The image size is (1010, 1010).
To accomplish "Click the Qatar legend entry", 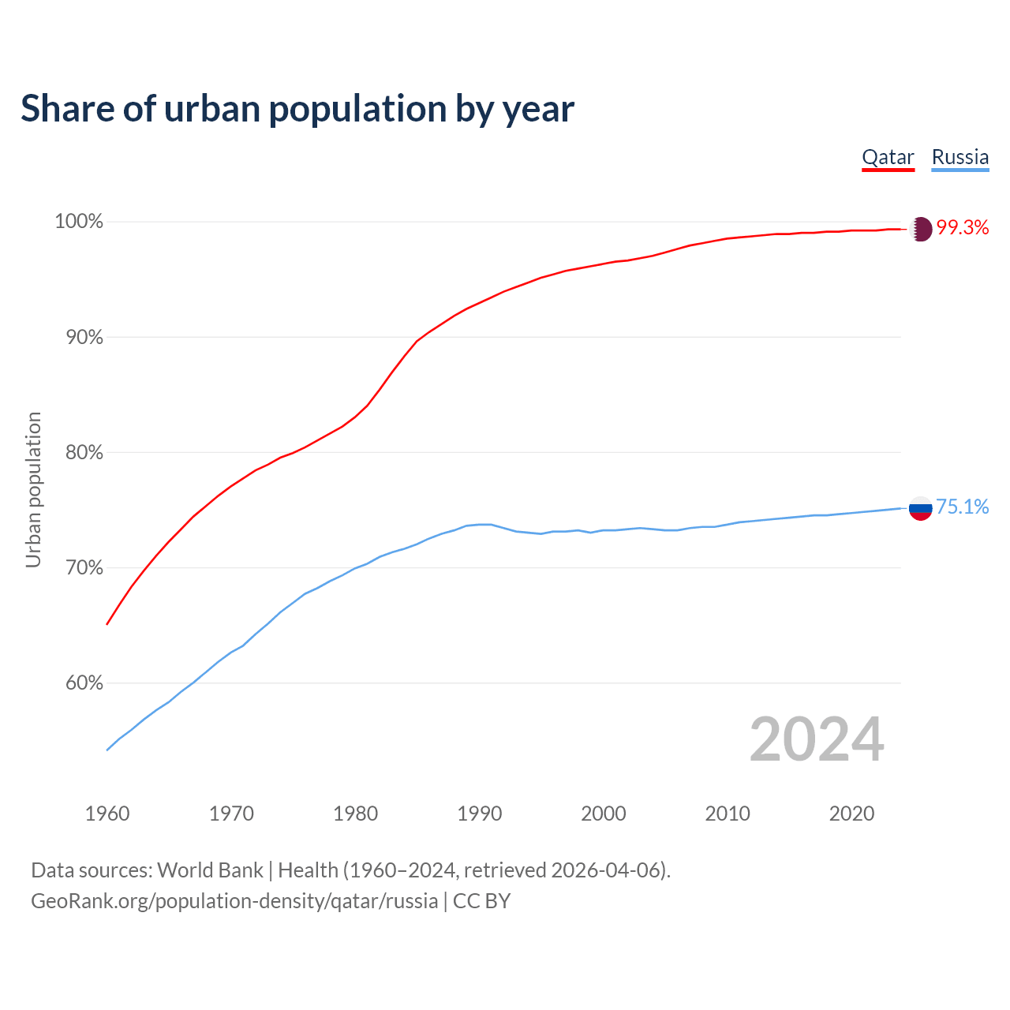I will click(888, 157).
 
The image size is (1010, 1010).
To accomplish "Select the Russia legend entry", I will click(959, 157).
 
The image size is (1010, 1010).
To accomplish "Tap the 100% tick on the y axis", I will click(79, 222).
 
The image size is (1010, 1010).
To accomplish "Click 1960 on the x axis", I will click(107, 814).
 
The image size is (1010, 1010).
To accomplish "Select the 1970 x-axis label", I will click(231, 814).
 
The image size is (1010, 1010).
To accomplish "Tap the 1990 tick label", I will click(480, 814).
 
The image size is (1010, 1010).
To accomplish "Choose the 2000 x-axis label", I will click(604, 814).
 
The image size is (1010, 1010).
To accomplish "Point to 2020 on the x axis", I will click(851, 814).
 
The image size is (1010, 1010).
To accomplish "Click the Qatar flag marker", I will click(921, 229).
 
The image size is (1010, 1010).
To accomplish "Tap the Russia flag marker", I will click(921, 508).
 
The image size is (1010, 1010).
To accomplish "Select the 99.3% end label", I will click(963, 228).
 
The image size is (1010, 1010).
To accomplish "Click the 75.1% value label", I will click(963, 507).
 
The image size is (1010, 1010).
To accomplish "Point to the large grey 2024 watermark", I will click(817, 739).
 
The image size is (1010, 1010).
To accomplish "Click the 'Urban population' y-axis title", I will click(33, 489).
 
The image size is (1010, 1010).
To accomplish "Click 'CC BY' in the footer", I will click(481, 901).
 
